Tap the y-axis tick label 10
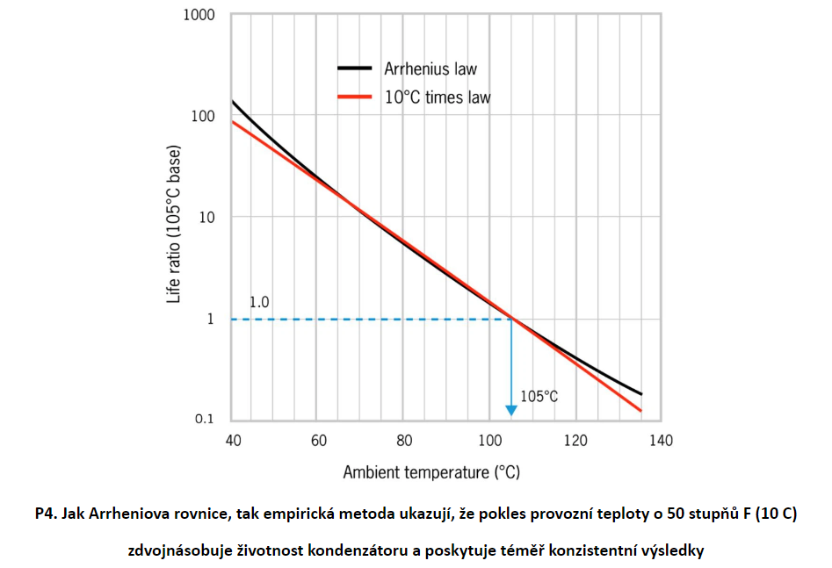(206, 217)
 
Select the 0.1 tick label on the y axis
(204, 419)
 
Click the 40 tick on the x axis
(233, 439)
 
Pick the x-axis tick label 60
(318, 439)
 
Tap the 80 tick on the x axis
(403, 439)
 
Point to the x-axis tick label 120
(575, 439)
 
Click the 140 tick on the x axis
(661, 439)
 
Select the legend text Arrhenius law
(430, 68)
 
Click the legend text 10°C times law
(438, 97)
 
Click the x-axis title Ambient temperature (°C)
(431, 472)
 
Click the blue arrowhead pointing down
(511, 410)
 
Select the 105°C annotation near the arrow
(539, 396)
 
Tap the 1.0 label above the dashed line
(259, 302)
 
